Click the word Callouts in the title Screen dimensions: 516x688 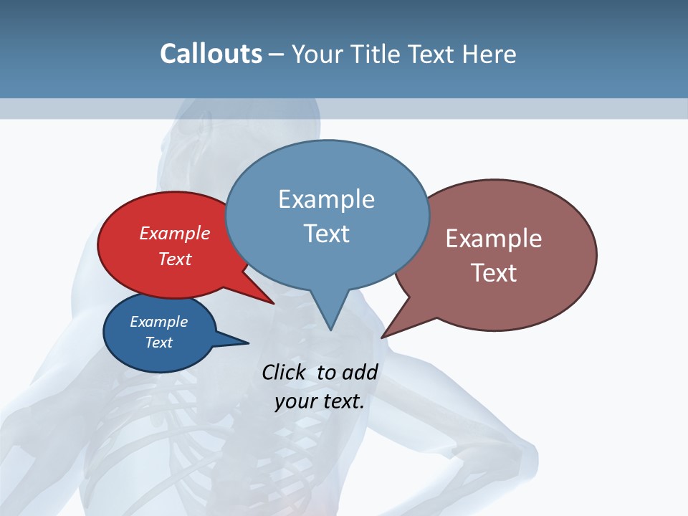pyautogui.click(x=211, y=54)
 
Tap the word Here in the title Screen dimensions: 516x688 pyautogui.click(x=489, y=54)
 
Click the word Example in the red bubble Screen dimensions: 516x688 pyautogui.click(x=175, y=233)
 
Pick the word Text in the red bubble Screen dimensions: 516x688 pyautogui.click(x=175, y=259)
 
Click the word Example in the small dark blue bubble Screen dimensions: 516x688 pyautogui.click(x=158, y=322)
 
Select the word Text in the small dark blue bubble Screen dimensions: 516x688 pyautogui.click(x=158, y=343)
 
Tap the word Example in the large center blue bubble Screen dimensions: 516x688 pyautogui.click(x=326, y=199)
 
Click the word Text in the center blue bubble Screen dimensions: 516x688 pyautogui.click(x=326, y=234)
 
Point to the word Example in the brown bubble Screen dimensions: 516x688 pyautogui.click(x=494, y=239)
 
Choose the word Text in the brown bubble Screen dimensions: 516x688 pyautogui.click(x=494, y=272)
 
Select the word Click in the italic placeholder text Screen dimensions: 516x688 pyautogui.click(x=285, y=372)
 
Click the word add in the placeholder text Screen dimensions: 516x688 pyautogui.click(x=359, y=372)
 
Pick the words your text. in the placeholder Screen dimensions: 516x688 pyautogui.click(x=320, y=401)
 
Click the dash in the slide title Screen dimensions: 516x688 pyautogui.click(x=277, y=54)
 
